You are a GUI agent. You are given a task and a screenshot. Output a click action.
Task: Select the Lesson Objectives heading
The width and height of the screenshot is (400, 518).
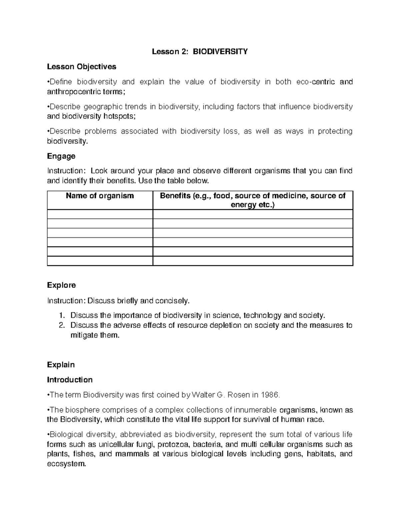(82, 67)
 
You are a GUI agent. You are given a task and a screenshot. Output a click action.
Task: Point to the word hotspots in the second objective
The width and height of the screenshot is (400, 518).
(115, 116)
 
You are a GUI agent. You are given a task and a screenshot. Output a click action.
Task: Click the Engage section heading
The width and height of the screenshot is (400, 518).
(61, 156)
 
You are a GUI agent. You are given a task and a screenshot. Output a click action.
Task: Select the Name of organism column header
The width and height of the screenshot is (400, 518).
(100, 196)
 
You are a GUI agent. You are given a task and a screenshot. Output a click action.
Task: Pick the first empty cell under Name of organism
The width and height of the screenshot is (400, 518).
(100, 214)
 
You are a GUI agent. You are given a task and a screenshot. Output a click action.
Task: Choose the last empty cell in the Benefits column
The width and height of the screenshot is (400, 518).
(253, 261)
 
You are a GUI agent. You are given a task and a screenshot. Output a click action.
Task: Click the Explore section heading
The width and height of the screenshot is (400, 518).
(61, 285)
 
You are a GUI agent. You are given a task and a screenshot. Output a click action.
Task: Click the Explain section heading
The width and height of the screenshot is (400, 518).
(61, 365)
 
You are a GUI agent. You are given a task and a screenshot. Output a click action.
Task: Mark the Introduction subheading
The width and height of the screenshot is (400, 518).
(70, 380)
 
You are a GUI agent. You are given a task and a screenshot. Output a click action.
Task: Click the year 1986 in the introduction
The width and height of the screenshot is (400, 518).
(270, 395)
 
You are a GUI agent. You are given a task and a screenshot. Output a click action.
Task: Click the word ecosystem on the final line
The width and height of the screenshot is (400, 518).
(66, 464)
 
